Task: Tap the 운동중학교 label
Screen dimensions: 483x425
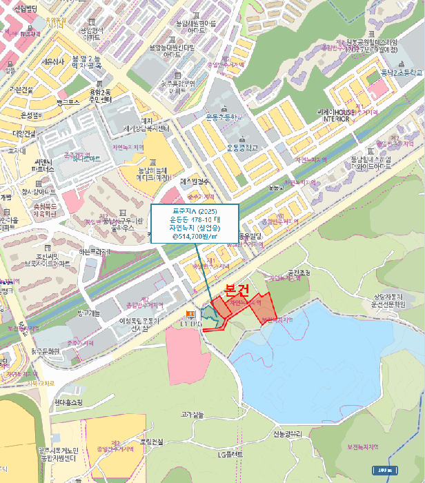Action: point(242,147)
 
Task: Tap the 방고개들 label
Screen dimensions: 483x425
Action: point(89,313)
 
